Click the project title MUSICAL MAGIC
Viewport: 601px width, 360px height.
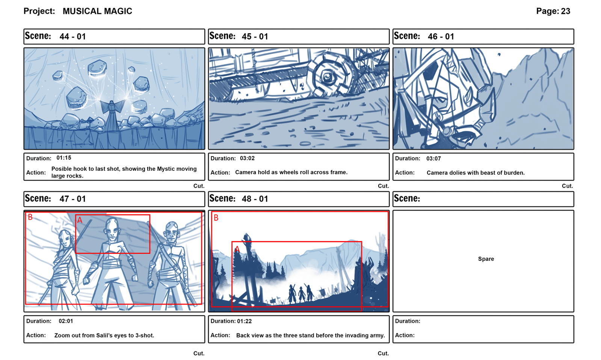pos(97,11)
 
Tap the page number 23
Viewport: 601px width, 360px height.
pos(565,11)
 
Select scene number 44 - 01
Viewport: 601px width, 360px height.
pos(72,36)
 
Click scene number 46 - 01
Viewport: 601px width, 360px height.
pos(441,36)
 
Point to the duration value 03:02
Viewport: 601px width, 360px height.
pos(247,158)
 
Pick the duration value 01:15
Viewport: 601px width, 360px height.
pos(63,158)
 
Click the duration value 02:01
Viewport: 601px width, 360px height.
pos(66,321)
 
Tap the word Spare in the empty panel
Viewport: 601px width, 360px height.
pos(486,259)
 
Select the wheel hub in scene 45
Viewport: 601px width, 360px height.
pos(327,77)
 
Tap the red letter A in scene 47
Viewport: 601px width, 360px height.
pos(80,220)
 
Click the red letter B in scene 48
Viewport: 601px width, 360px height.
pos(216,218)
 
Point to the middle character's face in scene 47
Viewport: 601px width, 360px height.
pos(112,230)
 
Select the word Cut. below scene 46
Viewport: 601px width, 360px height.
pos(568,186)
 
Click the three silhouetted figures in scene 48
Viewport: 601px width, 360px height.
pos(301,294)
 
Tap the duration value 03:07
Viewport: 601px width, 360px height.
pos(433,159)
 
